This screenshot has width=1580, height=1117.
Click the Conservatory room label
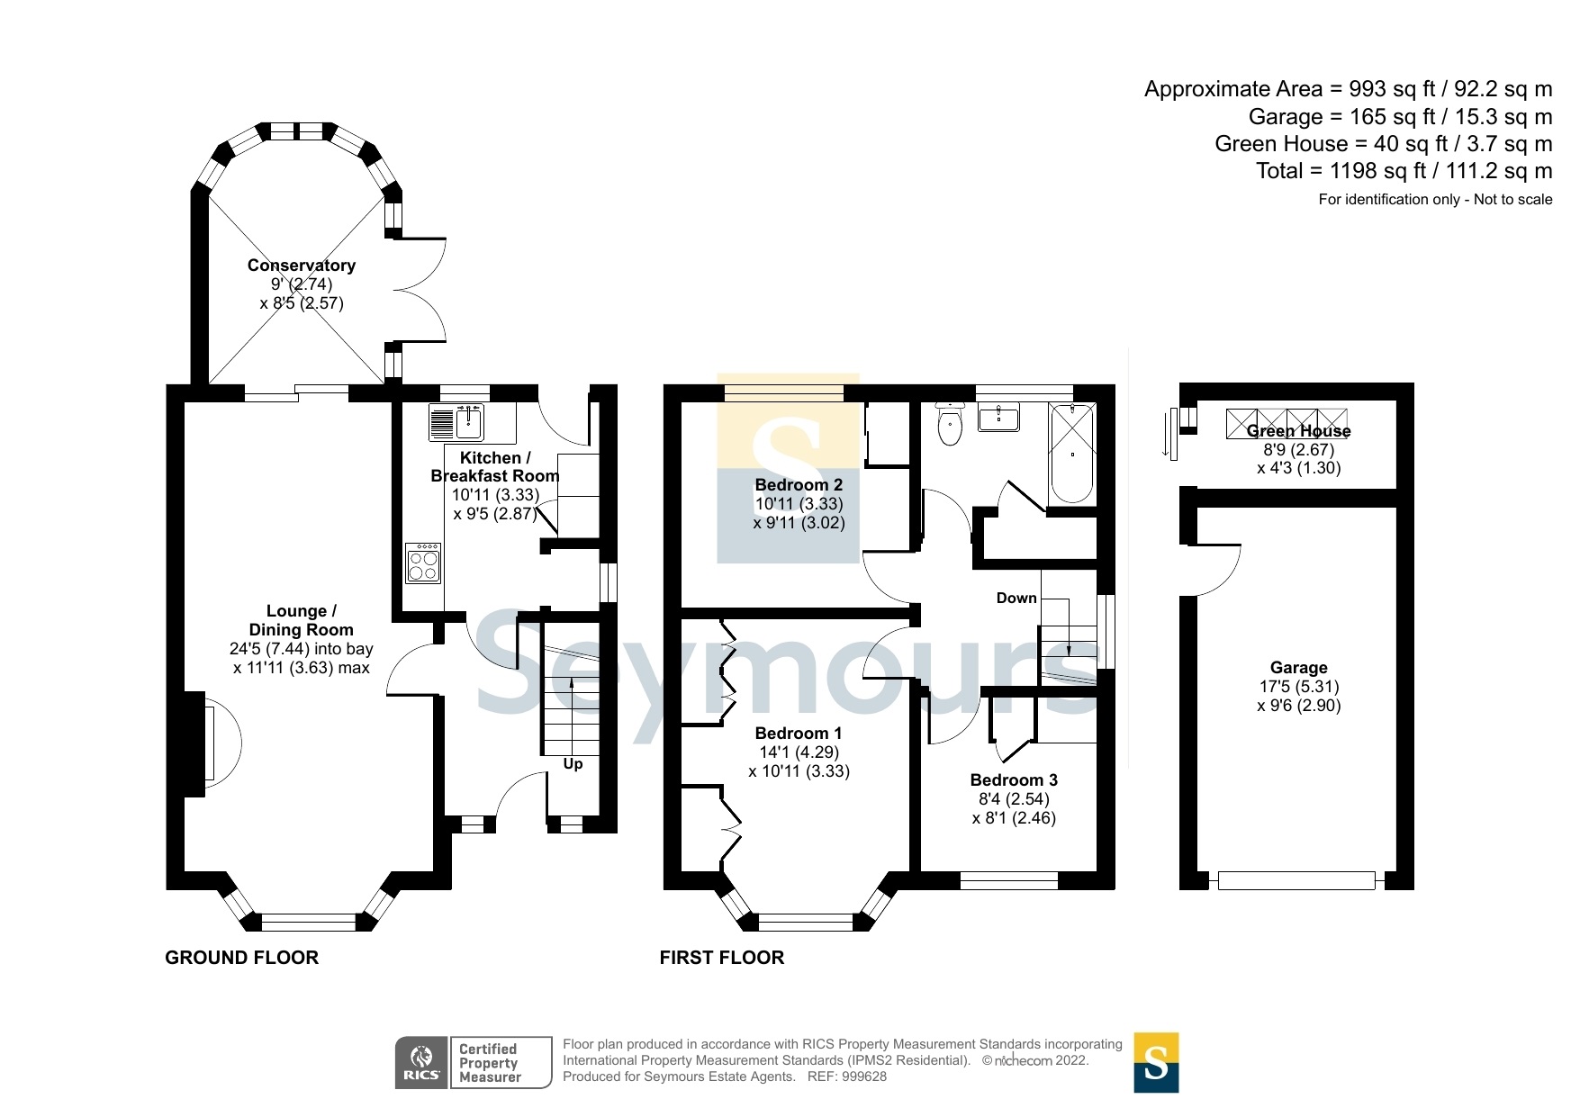[x=302, y=266]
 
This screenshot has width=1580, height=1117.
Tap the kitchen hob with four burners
[x=423, y=563]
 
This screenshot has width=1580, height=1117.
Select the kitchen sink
[x=458, y=422]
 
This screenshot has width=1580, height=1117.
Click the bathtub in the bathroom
[x=1072, y=454]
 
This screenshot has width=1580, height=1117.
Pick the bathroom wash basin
[x=998, y=418]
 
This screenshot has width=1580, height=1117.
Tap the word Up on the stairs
[x=573, y=764]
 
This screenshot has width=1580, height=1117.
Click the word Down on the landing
[x=1016, y=599]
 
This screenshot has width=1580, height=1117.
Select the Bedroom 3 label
[x=1014, y=780]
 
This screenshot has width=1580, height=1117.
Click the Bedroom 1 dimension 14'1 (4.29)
[x=799, y=752]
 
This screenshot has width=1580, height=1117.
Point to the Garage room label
[x=1299, y=668]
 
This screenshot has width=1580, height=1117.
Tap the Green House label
[x=1299, y=431]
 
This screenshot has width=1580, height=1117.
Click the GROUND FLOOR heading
[x=242, y=958]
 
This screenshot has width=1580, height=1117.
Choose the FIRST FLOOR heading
[x=722, y=958]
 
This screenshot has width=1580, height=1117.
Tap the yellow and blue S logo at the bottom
[x=1156, y=1063]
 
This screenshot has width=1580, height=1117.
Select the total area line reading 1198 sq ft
[x=1404, y=171]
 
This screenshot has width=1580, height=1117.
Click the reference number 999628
[x=864, y=1076]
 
